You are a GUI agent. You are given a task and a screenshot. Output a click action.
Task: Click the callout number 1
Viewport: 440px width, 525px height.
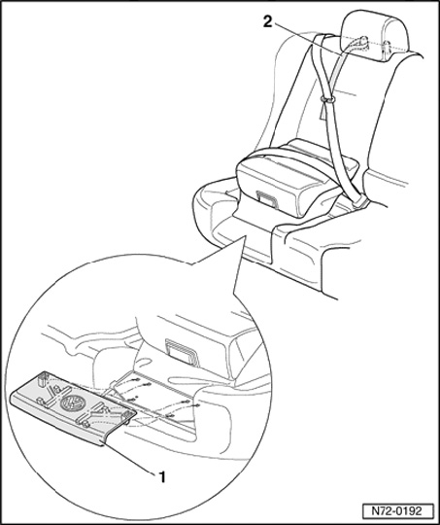coord(162,476)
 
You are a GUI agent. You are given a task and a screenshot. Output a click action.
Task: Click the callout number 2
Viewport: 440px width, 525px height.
coord(267,21)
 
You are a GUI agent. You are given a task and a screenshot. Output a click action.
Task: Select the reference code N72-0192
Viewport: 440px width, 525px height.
coord(397,511)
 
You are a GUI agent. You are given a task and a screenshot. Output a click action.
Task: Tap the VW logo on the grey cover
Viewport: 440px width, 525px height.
coord(73,402)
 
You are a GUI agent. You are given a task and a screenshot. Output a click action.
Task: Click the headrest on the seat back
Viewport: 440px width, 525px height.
coord(377,36)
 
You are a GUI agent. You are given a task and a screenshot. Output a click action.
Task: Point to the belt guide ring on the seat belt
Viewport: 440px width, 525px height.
coord(328,99)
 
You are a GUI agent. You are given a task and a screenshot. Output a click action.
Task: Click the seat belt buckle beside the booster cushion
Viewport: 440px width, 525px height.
coord(359,201)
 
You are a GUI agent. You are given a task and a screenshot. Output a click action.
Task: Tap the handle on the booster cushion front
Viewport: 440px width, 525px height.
coord(266,199)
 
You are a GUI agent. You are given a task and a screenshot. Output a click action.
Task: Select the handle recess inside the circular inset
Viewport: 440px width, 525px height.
coord(183,352)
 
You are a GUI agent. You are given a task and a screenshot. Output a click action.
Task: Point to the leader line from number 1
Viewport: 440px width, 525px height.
coord(130,459)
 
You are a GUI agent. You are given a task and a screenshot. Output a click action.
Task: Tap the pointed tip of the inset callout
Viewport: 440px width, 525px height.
coord(246,235)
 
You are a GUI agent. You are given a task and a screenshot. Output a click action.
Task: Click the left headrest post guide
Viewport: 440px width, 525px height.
coord(362,42)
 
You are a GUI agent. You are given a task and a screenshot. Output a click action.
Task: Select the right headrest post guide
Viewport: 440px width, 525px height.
coord(387,46)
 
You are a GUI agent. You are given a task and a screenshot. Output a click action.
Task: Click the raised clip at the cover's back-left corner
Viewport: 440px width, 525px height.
coord(42,380)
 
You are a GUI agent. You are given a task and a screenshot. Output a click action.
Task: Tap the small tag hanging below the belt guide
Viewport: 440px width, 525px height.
coord(323,111)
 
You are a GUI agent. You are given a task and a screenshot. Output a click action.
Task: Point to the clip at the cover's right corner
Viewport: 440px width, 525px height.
coord(126,418)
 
